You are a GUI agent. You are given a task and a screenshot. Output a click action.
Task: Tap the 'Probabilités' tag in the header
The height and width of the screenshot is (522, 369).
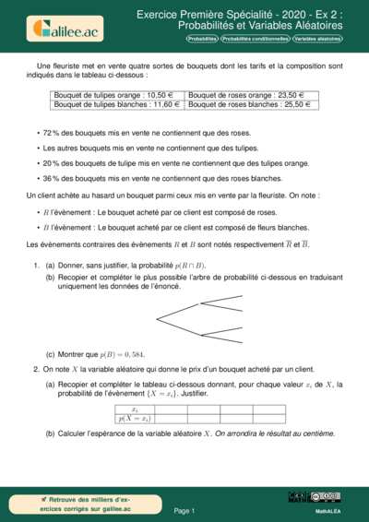coord(202,41)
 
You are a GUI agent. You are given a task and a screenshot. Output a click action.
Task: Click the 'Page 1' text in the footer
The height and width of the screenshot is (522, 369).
coord(184,509)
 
